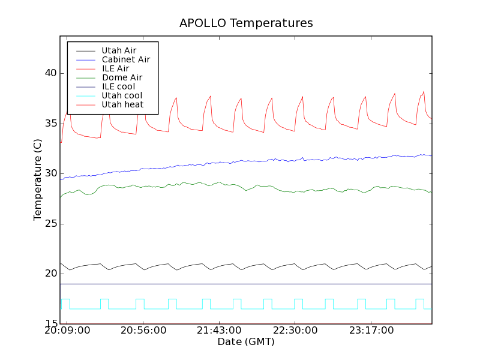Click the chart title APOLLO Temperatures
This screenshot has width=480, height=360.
click(x=246, y=23)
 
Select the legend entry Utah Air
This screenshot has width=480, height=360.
click(x=119, y=50)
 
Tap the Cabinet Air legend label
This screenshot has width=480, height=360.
click(x=125, y=59)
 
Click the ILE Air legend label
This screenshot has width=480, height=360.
click(x=115, y=68)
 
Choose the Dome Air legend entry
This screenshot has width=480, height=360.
click(x=122, y=77)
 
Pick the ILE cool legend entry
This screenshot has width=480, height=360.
click(x=118, y=86)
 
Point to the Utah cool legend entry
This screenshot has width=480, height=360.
click(x=122, y=95)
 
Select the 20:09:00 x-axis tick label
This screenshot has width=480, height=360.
click(x=68, y=331)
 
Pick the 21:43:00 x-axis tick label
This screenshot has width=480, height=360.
click(x=219, y=331)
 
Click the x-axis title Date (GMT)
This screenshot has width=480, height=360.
click(x=246, y=342)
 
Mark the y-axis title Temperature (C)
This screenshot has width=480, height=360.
click(x=38, y=180)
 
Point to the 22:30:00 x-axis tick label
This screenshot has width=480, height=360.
click(x=295, y=331)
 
